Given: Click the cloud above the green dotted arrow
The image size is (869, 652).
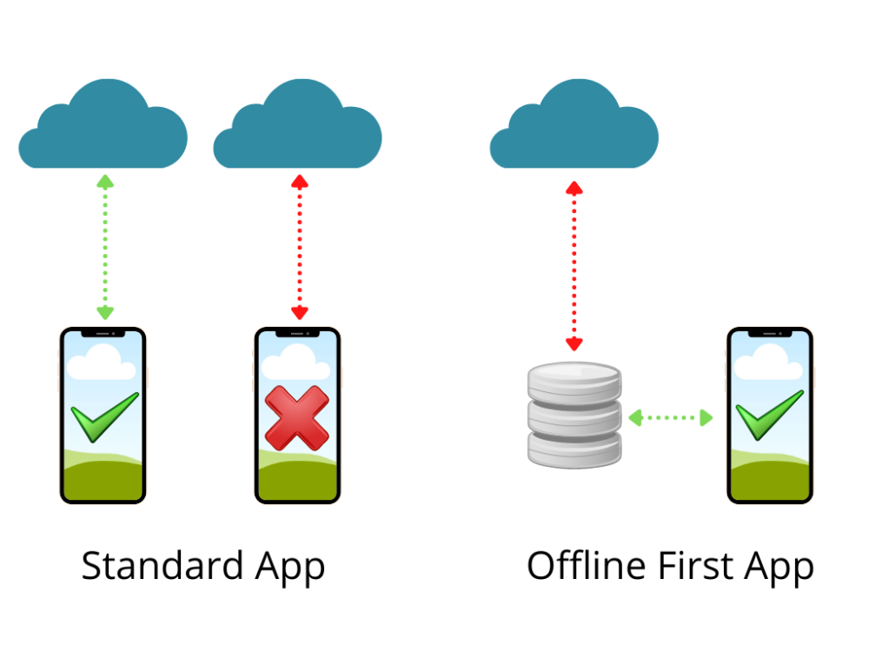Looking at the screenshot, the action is pyautogui.click(x=103, y=123).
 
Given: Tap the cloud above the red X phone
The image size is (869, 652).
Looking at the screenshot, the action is pyautogui.click(x=297, y=123).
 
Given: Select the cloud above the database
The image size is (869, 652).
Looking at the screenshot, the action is pyautogui.click(x=574, y=123).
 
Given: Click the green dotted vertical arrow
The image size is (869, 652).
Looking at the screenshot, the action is pyautogui.click(x=105, y=247).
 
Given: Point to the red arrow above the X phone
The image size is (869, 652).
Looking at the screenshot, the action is pyautogui.click(x=300, y=247).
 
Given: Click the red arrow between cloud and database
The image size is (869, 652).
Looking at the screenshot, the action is pyautogui.click(x=574, y=266).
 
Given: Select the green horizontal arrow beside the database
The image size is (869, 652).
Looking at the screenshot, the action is pyautogui.click(x=671, y=417).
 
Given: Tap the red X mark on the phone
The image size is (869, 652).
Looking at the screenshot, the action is pyautogui.click(x=297, y=417).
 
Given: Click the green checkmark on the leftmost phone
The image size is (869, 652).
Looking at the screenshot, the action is pyautogui.click(x=105, y=417).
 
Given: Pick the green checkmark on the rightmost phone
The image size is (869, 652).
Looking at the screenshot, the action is pyautogui.click(x=770, y=415).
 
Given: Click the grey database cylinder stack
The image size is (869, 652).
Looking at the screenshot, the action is pyautogui.click(x=574, y=415).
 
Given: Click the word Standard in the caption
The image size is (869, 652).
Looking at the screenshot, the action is pyautogui.click(x=163, y=566).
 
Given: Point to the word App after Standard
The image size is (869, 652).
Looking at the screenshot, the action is pyautogui.click(x=290, y=569).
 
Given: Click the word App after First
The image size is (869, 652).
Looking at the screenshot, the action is pyautogui.click(x=779, y=569).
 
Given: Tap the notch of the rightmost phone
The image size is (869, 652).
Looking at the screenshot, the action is pyautogui.click(x=770, y=333).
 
